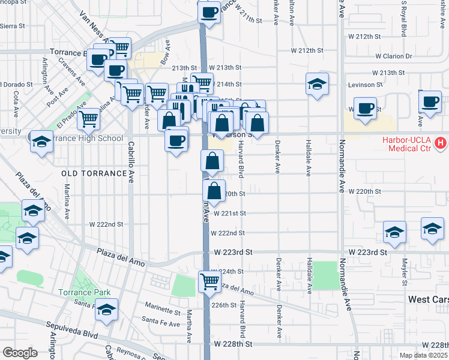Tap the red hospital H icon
point(441,143)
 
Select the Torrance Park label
point(85,293)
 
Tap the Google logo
point(20,353)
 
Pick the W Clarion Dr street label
point(394,56)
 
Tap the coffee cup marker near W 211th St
point(209,12)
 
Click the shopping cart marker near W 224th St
point(209,280)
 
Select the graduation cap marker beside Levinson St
point(317,84)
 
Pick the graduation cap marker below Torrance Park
point(106,309)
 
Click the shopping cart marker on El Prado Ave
point(89,118)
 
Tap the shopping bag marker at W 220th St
point(214,191)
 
